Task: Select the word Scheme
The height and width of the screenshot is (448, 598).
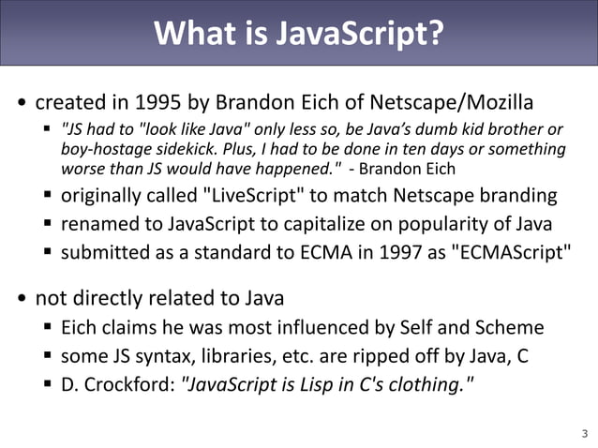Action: [507, 327]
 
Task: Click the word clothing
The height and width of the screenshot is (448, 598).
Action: [421, 383]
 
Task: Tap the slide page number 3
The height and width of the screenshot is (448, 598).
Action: [585, 433]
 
